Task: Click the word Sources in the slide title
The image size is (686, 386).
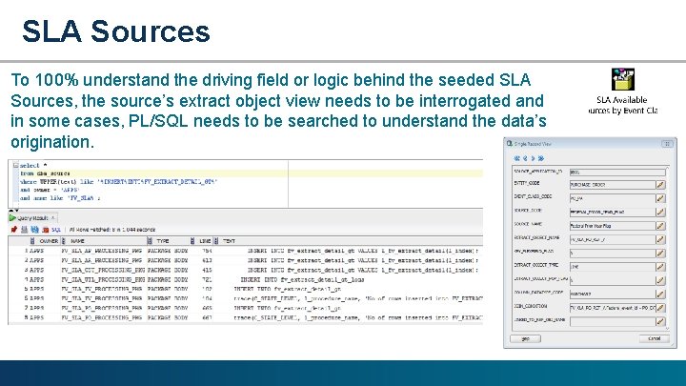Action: click(x=151, y=30)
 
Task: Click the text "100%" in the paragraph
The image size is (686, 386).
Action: click(x=53, y=80)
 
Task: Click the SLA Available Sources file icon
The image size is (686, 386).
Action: click(x=622, y=80)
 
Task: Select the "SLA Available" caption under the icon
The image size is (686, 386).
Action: click(x=621, y=99)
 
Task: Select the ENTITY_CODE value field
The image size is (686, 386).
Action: click(x=610, y=184)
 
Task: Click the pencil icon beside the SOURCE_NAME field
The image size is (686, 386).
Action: click(x=659, y=226)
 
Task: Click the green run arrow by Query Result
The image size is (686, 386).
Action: click(x=13, y=230)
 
